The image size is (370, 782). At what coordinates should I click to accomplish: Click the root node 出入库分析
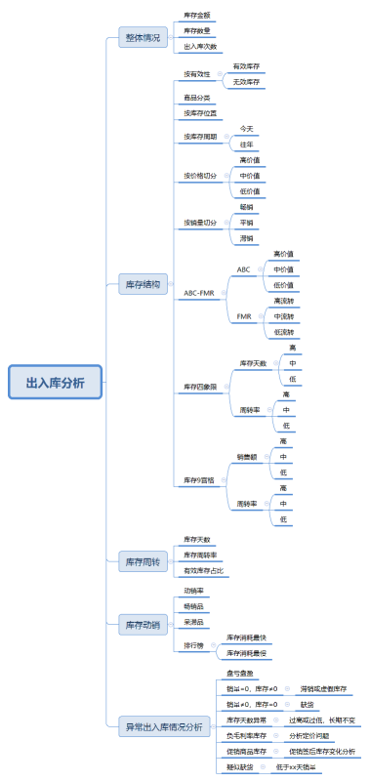coord(55,382)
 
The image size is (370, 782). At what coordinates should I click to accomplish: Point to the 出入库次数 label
coord(201,46)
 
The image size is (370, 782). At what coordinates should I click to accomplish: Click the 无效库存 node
coord(246,82)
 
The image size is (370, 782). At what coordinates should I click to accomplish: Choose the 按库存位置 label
coord(201,113)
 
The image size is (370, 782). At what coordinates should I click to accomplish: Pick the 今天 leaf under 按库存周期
coord(246,129)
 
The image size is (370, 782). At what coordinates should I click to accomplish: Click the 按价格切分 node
coord(200,176)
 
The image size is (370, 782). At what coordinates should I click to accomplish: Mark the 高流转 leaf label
coord(283,301)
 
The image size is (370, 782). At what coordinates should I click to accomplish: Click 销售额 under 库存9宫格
coord(246,456)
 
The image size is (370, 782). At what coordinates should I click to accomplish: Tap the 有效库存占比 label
coord(204,570)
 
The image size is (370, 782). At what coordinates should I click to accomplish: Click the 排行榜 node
coord(194,645)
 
